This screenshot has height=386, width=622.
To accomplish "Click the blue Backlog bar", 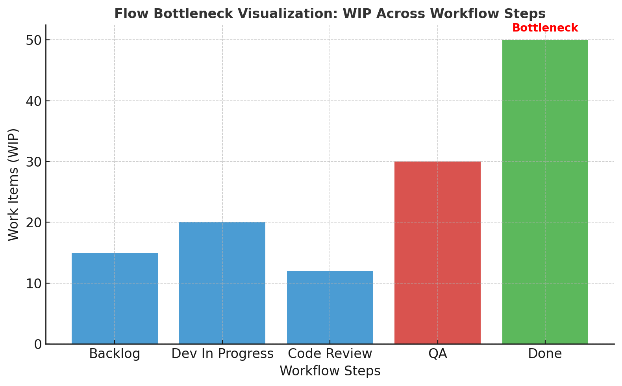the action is [115, 299].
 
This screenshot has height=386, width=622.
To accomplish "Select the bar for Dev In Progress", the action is [222, 283].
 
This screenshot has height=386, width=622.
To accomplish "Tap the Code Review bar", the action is [330, 307].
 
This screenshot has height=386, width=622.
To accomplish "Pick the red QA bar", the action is [438, 252].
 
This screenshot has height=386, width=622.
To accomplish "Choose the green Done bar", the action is [545, 192].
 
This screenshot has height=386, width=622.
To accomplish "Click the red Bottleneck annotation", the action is [545, 28].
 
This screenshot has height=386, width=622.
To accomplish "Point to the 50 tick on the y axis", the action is [34, 41].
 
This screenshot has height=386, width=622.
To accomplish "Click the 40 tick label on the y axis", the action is [34, 101].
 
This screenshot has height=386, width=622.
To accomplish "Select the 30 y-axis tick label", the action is [34, 162].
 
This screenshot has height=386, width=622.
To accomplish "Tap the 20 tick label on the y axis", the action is [34, 223].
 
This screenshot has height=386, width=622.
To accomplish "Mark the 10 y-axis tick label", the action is [34, 284].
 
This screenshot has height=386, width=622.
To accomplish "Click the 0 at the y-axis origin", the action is [38, 345].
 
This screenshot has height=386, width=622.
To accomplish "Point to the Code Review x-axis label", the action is [330, 354].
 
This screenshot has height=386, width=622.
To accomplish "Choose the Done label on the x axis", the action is [545, 354].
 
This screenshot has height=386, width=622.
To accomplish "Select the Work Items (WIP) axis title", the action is [13, 185].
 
